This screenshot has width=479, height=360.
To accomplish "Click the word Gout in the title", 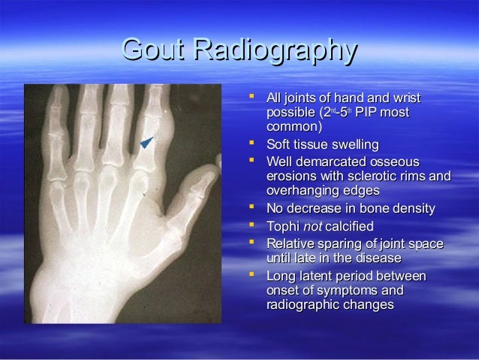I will coord(155,52).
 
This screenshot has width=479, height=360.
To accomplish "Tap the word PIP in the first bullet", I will coord(370,113).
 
